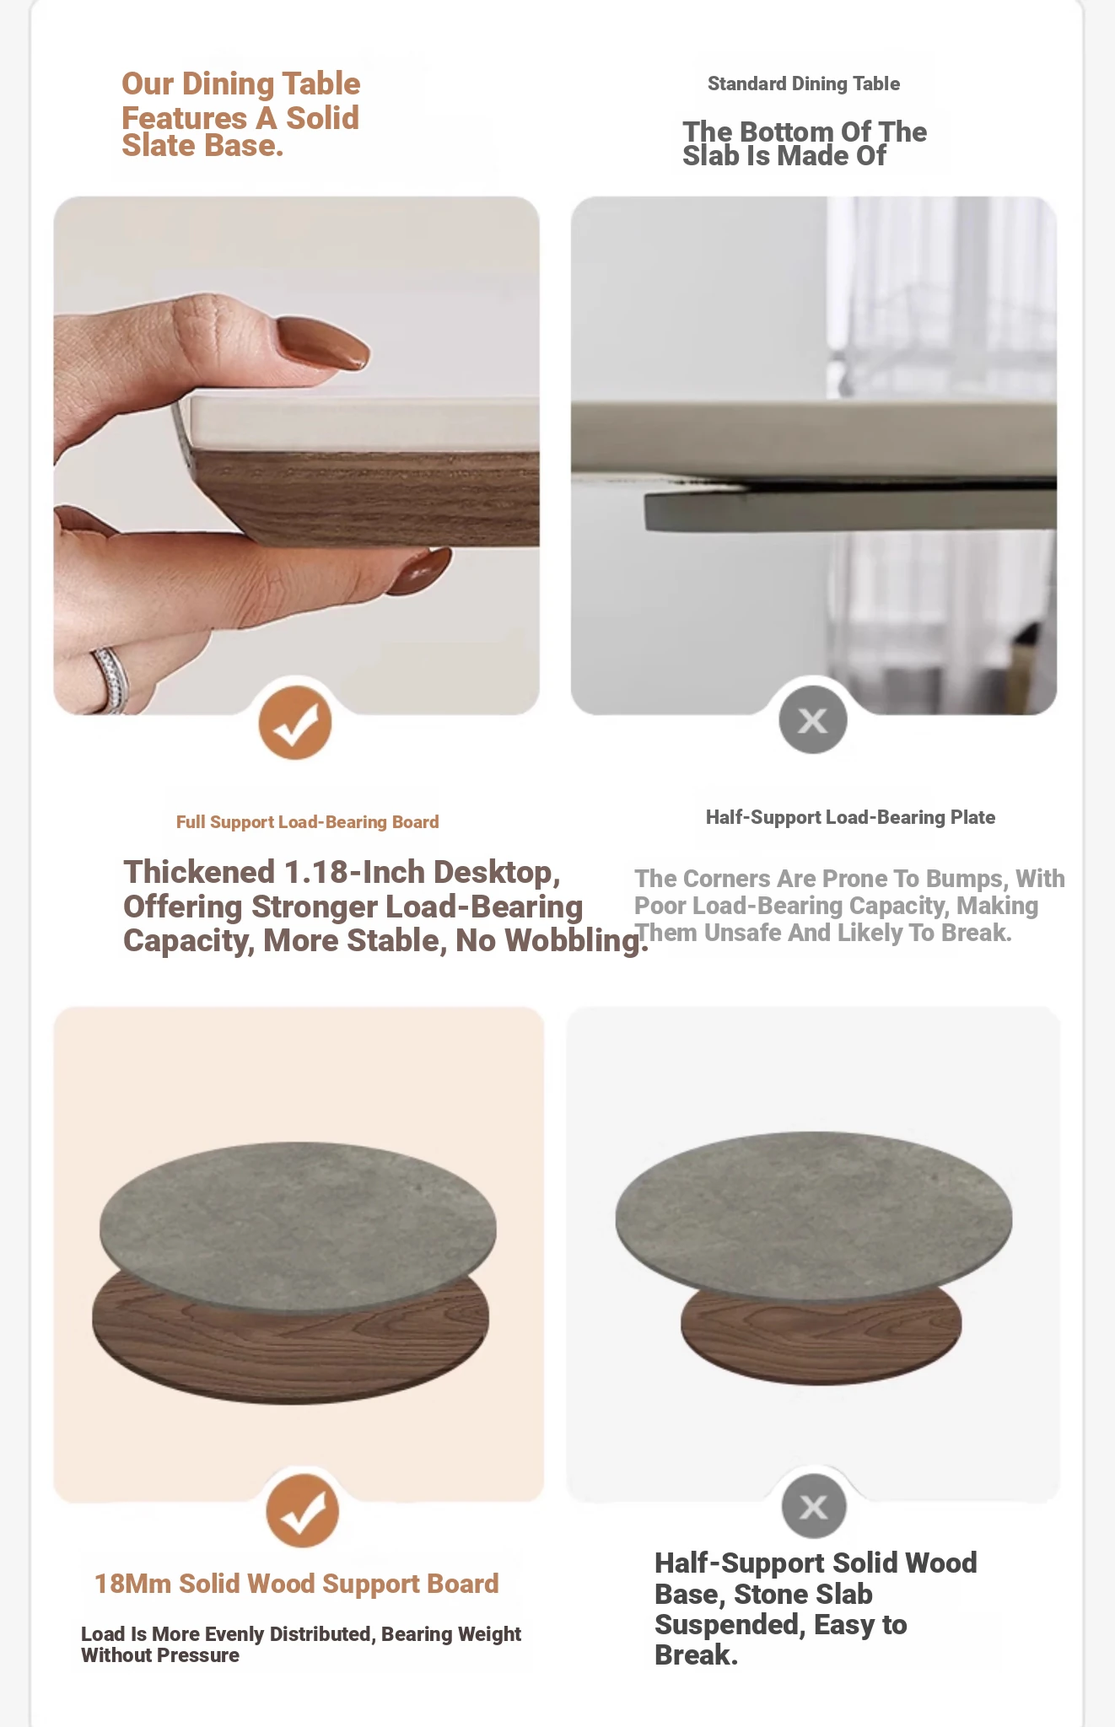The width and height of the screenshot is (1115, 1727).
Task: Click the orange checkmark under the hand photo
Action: [x=295, y=723]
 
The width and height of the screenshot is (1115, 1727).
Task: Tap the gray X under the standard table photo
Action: [x=813, y=719]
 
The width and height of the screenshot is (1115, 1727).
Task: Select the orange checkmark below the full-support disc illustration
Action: [x=303, y=1510]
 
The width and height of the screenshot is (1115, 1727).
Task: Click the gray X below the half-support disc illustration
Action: [x=814, y=1506]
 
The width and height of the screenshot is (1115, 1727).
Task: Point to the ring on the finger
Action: [x=111, y=679]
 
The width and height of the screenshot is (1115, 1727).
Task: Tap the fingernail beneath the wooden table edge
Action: [x=419, y=572]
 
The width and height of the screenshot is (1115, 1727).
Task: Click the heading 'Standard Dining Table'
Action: [x=804, y=83]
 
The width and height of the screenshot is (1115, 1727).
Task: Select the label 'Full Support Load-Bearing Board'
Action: [x=308, y=822]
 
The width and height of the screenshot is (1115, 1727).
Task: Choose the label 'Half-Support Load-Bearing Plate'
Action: [x=850, y=817]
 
